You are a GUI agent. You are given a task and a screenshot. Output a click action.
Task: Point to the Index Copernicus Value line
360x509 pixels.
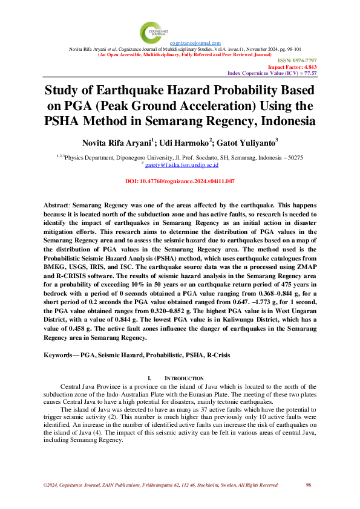[x=272, y=73]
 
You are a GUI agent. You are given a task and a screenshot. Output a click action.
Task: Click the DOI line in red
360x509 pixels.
[x=180, y=181]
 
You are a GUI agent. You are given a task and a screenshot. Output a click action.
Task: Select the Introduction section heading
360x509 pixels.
[x=180, y=378]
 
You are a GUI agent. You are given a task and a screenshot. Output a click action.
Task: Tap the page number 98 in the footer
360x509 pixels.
[x=309, y=485]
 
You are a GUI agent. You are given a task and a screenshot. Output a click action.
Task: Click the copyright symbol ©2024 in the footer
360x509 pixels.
[x=51, y=485]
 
